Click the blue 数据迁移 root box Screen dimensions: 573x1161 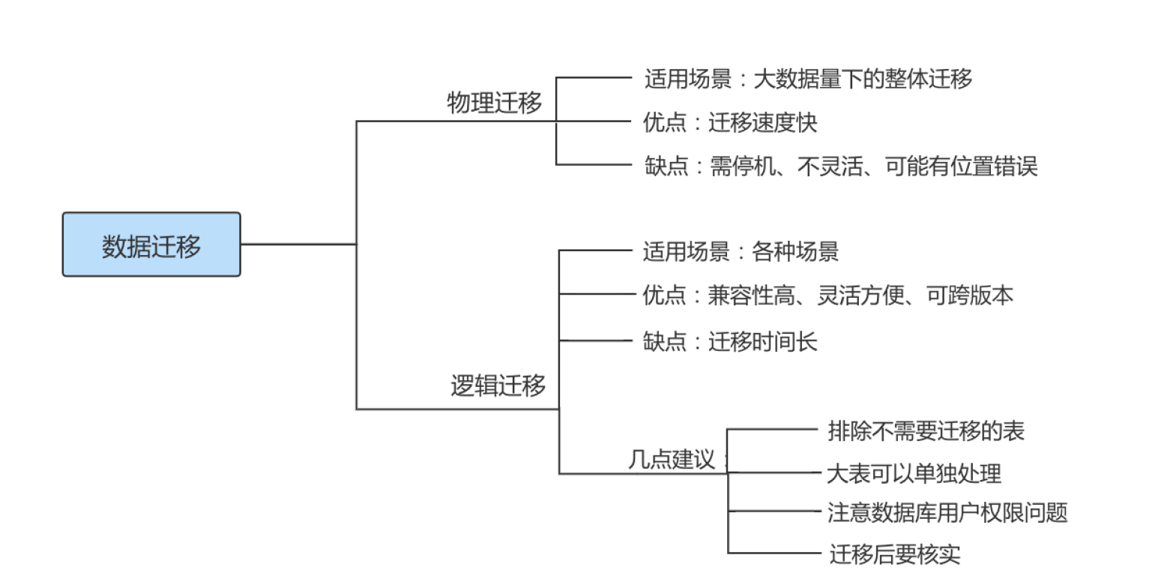[151, 244]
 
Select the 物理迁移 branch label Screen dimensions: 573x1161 [494, 103]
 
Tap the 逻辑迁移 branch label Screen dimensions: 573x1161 [498, 387]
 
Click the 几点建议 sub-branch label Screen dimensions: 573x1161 [671, 459]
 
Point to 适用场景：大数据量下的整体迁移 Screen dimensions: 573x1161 [808, 78]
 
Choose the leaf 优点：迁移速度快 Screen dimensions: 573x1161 [729, 122]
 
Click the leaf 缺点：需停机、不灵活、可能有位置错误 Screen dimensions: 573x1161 [840, 166]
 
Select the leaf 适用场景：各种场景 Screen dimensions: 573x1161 [740, 251]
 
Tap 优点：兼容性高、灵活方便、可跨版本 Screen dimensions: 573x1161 [827, 295]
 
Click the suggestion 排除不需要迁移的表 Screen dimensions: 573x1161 [926, 430]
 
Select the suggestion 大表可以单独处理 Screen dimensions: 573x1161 [914, 474]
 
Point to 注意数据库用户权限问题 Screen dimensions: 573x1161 [947, 513]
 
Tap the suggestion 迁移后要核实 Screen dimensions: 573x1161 [894, 555]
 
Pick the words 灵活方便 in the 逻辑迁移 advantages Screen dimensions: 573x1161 [857, 295]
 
